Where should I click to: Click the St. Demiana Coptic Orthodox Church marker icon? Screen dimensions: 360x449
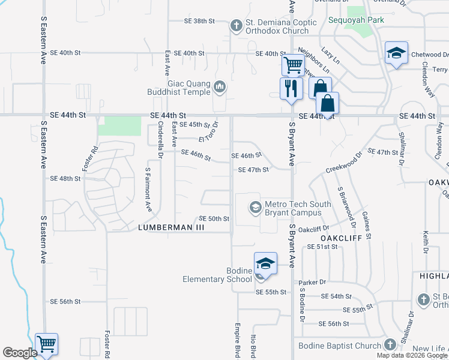236,26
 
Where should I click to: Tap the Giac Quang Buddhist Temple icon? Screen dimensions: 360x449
220,88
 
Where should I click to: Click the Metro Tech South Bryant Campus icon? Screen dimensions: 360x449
256,208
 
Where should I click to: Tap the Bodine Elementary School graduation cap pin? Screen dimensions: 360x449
265,263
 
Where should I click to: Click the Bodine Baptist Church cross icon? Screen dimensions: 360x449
389,344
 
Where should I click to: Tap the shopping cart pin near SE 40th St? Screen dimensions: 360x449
292,64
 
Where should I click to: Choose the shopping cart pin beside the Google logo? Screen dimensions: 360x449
46,344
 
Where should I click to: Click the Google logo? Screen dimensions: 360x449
20,353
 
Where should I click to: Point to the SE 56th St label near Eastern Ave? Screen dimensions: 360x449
65,301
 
